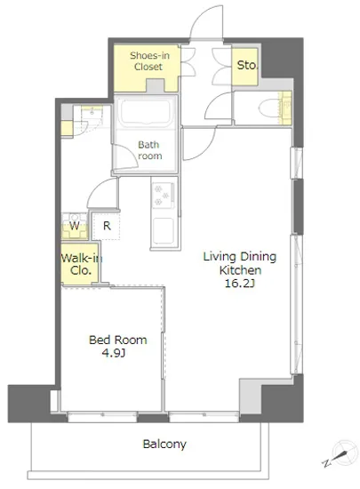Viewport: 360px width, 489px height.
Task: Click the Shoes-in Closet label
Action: click(149, 61)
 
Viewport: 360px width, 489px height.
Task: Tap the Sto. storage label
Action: click(247, 65)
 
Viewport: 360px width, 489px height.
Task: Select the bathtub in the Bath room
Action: click(146, 112)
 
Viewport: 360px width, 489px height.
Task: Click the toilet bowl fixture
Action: click(268, 108)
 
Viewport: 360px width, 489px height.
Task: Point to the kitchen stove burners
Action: click(163, 196)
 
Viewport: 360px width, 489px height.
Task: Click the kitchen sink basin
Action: click(163, 231)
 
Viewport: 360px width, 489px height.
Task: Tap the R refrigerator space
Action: click(107, 226)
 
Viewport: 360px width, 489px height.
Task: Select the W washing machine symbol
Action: click(74, 226)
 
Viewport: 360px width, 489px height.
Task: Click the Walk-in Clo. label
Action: click(81, 264)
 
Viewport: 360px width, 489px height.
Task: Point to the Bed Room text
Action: click(118, 340)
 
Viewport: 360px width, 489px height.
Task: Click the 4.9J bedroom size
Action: click(114, 353)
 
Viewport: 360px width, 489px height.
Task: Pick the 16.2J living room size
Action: click(240, 283)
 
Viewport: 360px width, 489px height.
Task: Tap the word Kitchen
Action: click(240, 270)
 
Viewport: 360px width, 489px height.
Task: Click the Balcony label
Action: click(164, 444)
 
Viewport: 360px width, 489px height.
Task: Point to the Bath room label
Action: click(149, 150)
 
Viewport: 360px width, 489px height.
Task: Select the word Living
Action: click(220, 257)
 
